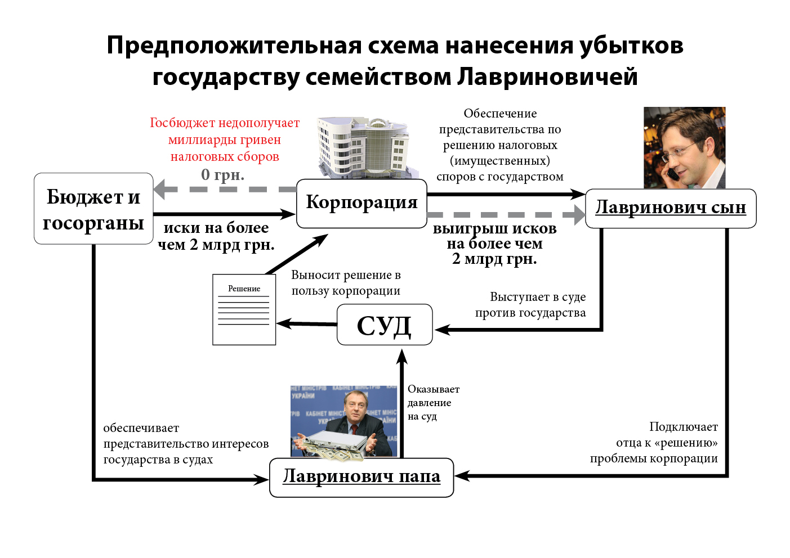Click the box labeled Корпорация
tap(361, 203)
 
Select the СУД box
tap(385, 325)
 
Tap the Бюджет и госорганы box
tap(93, 209)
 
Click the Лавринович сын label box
tap(670, 208)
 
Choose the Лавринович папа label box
tap(361, 477)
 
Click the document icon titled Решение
tap(244, 309)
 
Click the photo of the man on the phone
tap(684, 147)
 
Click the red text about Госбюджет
tap(225, 139)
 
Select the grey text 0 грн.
tap(223, 175)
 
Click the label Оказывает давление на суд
tap(432, 403)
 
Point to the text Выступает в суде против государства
tap(530, 305)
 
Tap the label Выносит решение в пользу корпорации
tap(346, 283)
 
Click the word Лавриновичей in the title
tap(547, 77)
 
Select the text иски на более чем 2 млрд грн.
tap(216, 236)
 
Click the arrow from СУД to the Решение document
tap(306, 324)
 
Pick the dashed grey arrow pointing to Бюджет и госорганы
tap(225, 189)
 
